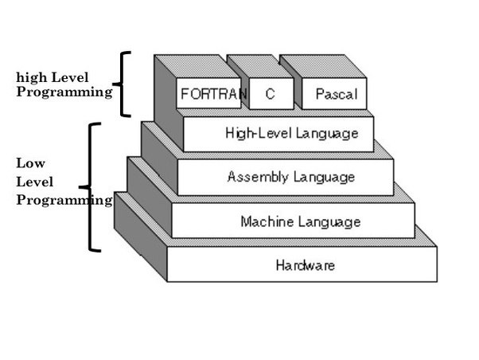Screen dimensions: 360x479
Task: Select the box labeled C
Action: pos(271,94)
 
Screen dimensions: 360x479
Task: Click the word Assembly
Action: pos(253,176)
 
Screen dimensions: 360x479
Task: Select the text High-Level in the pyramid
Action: pos(248,133)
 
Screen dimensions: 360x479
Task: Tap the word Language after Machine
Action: pos(326,221)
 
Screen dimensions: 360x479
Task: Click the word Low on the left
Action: pos(25,162)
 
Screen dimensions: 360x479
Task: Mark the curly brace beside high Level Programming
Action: pos(122,84)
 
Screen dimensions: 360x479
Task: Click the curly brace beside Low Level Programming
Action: pos(92,187)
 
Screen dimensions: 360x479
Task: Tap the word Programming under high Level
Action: pos(64,92)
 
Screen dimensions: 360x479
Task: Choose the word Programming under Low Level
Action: pos(64,200)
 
